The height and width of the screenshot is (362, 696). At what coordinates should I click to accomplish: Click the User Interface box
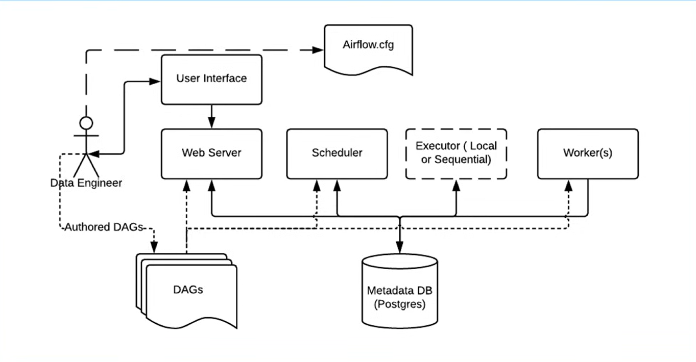pos(211,80)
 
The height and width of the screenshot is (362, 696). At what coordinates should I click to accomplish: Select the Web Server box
pos(211,154)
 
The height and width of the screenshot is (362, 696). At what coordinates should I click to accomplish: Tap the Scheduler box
pos(337,154)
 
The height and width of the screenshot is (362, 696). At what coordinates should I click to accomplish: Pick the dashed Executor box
pos(456,154)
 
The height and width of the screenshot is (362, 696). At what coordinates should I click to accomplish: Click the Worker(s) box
pos(588,154)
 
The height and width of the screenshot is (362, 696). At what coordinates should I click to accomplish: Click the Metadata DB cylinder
pos(400,291)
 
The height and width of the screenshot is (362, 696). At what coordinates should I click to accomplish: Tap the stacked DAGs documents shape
pos(187,291)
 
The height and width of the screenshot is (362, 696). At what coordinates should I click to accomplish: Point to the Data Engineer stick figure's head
pos(86,123)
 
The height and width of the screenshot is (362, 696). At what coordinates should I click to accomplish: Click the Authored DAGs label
pos(104,227)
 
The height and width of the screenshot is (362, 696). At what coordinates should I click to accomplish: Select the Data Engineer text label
pos(86,183)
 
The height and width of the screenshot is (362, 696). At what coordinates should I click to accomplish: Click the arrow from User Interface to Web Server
pos(211,117)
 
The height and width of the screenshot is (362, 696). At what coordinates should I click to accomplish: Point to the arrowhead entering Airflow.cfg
pos(318,50)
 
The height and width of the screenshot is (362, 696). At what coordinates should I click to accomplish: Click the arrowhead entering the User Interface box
pos(155,82)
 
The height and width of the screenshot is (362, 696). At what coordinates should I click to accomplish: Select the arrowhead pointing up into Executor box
pos(456,186)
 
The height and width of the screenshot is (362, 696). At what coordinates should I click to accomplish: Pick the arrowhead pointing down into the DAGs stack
pos(154,247)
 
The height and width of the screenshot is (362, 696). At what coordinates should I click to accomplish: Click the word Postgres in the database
pos(400,304)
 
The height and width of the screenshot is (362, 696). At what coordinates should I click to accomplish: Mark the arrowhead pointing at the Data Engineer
pos(93,154)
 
